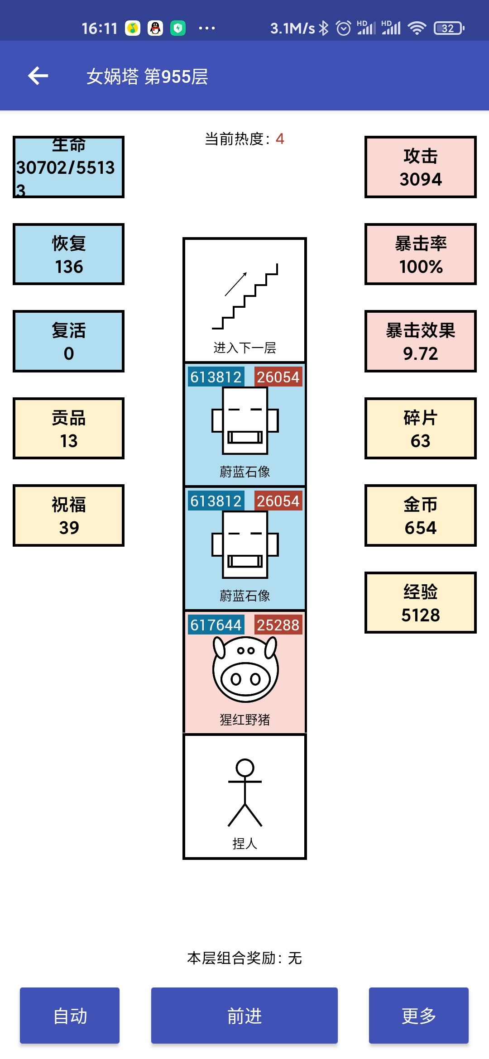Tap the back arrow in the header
tap(38, 76)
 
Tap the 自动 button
tap(70, 1016)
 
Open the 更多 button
tap(418, 1016)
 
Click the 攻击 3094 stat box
tap(421, 167)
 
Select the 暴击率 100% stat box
tap(421, 254)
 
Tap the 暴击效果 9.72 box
tap(421, 341)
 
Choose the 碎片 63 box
tap(421, 429)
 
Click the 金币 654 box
tap(421, 515)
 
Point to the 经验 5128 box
tap(421, 603)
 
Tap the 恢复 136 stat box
tap(68, 254)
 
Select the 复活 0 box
tap(68, 341)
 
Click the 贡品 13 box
tap(68, 429)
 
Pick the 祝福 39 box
tap(68, 515)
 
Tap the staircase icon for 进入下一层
tap(245, 296)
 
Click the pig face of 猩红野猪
tap(245, 669)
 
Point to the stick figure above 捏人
tap(245, 793)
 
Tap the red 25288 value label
tap(278, 625)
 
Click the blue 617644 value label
tap(216, 625)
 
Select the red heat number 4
tap(280, 139)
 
